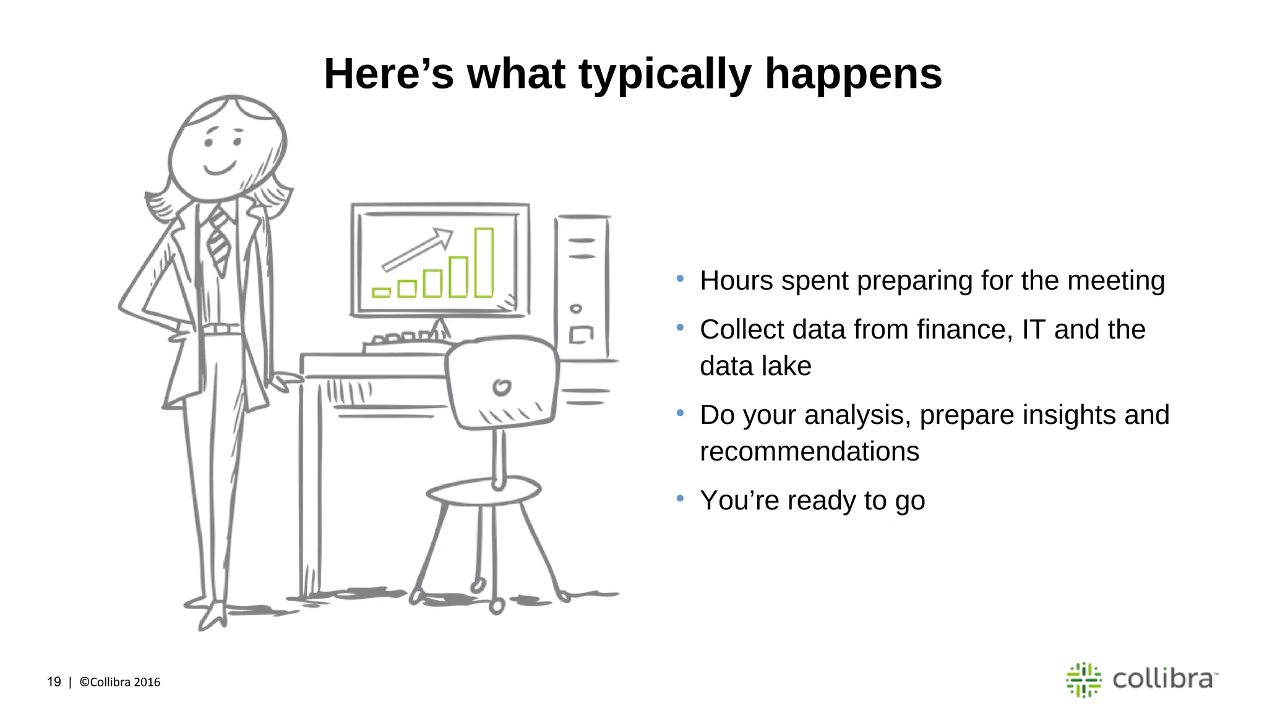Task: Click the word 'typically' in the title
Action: point(664,74)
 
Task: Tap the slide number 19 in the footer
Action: point(54,681)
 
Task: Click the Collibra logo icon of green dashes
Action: point(1083,680)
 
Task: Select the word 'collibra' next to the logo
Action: point(1162,679)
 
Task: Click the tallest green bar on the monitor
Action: point(484,262)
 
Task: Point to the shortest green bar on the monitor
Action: point(381,292)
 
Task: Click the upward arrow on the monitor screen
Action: point(418,249)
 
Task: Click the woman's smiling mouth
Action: point(220,168)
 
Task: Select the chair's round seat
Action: point(484,491)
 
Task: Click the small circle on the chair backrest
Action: point(502,387)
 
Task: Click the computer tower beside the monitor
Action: point(582,288)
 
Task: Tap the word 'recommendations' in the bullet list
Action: point(809,452)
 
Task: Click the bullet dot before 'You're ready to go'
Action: point(680,498)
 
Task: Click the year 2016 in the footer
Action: point(147,682)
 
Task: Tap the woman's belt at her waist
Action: point(221,329)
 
